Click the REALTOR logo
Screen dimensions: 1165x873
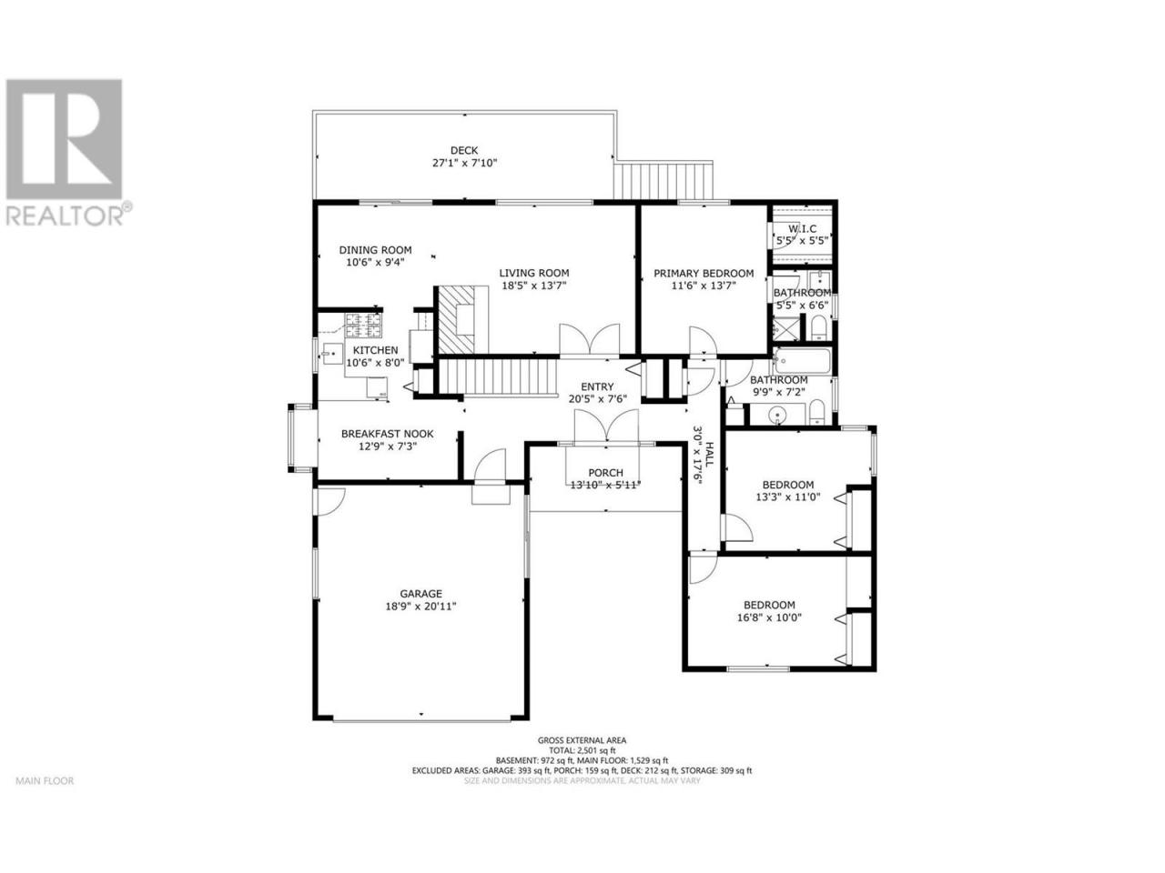coord(66,153)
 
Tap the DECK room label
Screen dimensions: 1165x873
coord(464,151)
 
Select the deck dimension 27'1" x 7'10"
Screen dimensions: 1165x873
coord(464,163)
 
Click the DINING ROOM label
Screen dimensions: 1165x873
coord(375,250)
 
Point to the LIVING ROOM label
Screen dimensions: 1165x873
coord(534,273)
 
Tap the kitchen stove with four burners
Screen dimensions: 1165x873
coord(363,326)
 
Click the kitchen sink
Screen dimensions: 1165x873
coord(333,353)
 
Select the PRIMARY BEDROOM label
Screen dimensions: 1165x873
coord(704,273)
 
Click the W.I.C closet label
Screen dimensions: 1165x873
coord(802,228)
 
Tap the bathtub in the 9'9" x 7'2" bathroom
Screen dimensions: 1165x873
coord(802,360)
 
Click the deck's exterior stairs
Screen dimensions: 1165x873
coord(663,181)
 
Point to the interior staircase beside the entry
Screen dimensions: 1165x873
coord(497,376)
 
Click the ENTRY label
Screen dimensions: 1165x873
coord(597,387)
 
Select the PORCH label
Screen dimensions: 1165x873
coord(605,472)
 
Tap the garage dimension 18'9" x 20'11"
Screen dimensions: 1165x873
coord(420,606)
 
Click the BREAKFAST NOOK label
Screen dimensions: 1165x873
coord(388,434)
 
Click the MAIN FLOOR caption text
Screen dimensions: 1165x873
coord(46,781)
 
